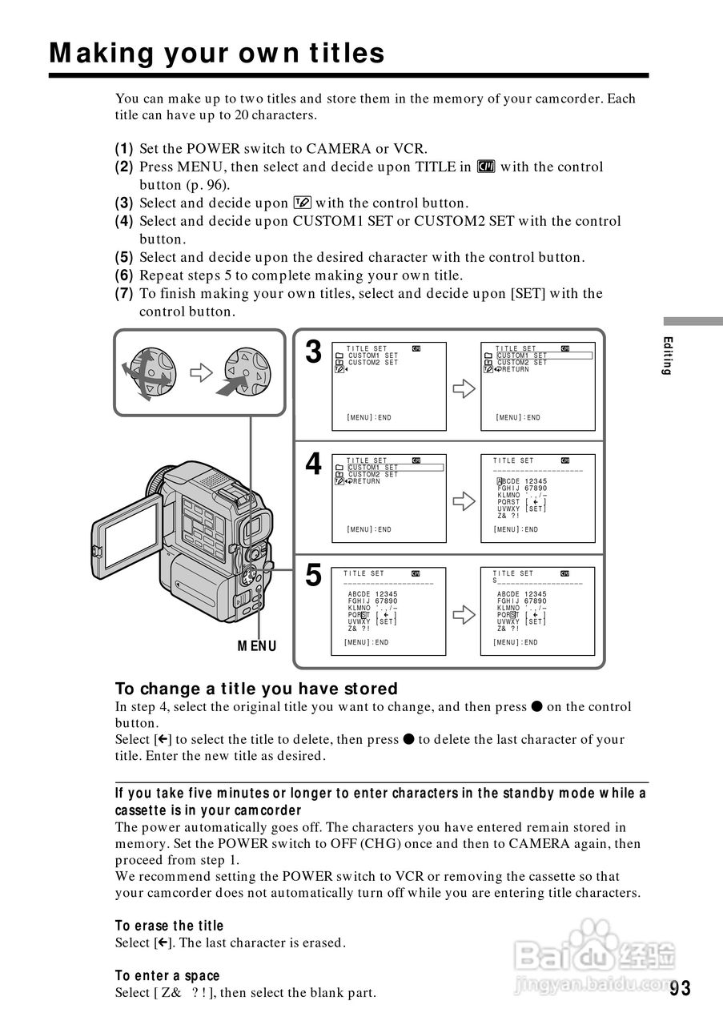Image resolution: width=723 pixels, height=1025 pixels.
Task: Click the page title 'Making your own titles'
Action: (x=216, y=54)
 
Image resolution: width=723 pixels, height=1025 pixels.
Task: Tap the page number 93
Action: (x=680, y=988)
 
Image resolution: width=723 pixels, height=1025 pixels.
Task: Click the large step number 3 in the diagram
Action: (x=313, y=352)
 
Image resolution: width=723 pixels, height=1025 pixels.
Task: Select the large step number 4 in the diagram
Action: (x=313, y=464)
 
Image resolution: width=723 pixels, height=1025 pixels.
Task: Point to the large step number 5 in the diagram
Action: (x=313, y=575)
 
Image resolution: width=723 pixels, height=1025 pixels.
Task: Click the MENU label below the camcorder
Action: (x=256, y=645)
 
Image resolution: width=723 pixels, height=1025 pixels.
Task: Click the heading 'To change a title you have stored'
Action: (x=256, y=689)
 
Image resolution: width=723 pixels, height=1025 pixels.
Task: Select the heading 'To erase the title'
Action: (x=169, y=926)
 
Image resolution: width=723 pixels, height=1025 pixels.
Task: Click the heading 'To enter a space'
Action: (x=167, y=975)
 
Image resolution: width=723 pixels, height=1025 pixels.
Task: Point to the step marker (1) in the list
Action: (x=124, y=149)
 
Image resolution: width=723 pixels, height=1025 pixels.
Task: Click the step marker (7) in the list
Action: (x=124, y=294)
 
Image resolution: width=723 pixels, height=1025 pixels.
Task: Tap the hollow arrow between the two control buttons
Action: (x=200, y=372)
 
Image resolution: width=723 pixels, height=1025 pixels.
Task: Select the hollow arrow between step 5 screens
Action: (x=464, y=614)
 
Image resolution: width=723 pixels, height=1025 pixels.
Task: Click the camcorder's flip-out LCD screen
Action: (x=127, y=537)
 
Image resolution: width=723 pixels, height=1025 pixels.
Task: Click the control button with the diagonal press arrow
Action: (x=244, y=372)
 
